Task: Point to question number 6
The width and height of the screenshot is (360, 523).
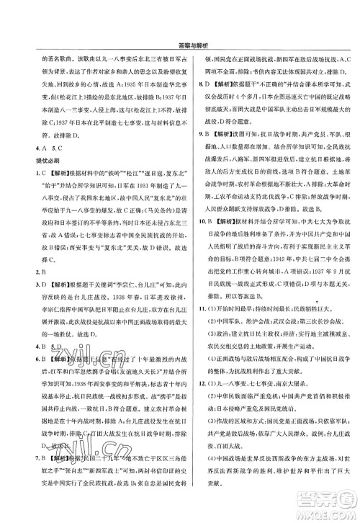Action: pyautogui.click(x=19, y=381)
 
